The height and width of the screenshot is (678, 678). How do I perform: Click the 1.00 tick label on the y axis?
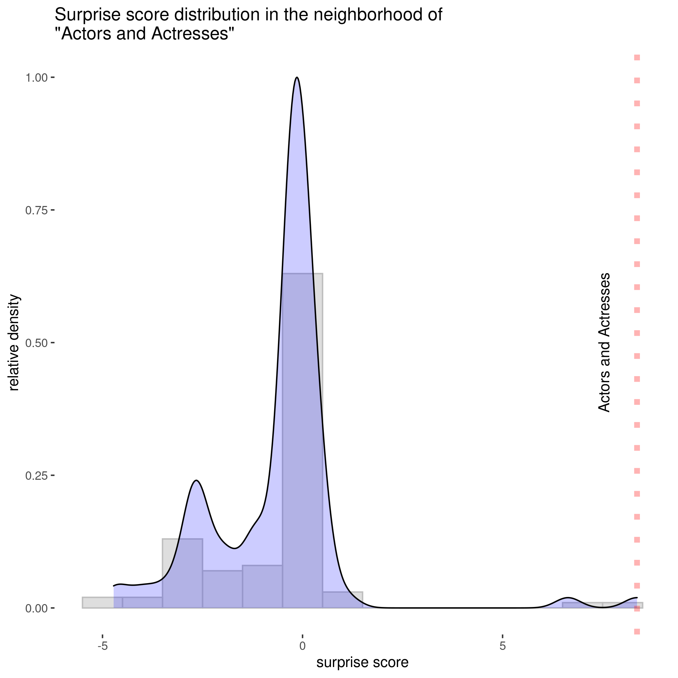tap(36, 77)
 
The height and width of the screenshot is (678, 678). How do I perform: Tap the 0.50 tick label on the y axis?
tap(36, 343)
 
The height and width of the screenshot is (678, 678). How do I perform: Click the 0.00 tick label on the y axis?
tap(36, 608)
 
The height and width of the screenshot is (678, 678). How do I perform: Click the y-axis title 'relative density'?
tap(14, 343)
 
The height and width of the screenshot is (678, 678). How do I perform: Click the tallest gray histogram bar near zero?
tap(303, 439)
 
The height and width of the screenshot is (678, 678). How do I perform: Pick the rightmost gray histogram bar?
tap(622, 605)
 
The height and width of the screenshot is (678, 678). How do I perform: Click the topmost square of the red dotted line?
tap(637, 57)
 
